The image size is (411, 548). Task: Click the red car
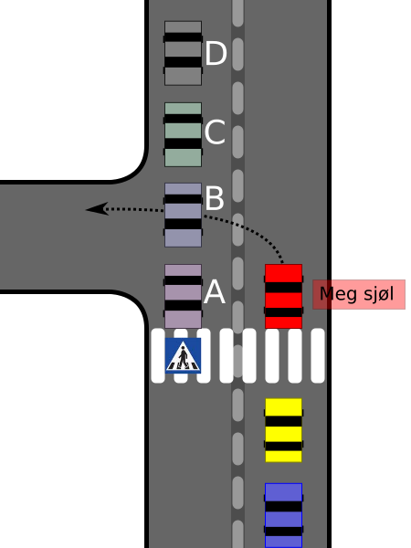(x=283, y=296)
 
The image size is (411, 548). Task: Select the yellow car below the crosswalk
(x=283, y=430)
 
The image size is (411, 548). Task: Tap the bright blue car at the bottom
(x=283, y=515)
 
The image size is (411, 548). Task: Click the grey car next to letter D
(x=184, y=53)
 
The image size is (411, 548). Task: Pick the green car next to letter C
(x=184, y=134)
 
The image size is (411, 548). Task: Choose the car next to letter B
(x=184, y=215)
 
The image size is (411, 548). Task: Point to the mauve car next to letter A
(x=184, y=296)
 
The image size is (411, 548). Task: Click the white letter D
(x=216, y=53)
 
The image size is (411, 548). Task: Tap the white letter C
(x=215, y=132)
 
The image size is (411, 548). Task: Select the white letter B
(x=215, y=198)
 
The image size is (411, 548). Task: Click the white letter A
(x=215, y=292)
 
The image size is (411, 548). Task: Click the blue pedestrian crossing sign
(x=184, y=355)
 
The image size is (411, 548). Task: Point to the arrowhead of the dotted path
(x=97, y=209)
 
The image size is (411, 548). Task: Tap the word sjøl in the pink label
(x=379, y=294)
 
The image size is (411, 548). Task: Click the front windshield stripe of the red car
(x=283, y=288)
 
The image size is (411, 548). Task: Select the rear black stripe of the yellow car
(x=283, y=446)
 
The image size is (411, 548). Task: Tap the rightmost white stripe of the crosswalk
(x=318, y=355)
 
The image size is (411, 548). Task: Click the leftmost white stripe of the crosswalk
(x=158, y=355)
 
